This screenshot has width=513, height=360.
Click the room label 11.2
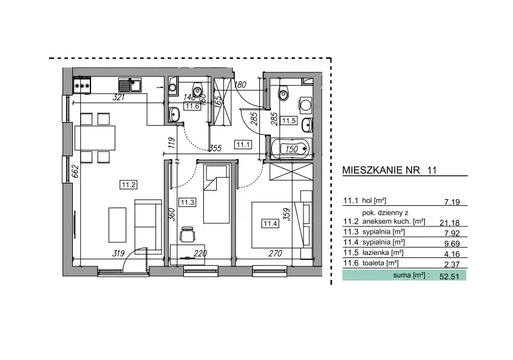click(x=128, y=185)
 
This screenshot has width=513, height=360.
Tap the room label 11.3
click(x=188, y=203)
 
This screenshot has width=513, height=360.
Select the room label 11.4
click(x=270, y=223)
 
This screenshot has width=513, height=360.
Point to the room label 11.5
click(x=289, y=121)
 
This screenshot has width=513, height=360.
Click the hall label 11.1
click(x=243, y=144)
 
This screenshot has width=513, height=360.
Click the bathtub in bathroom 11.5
click(x=291, y=149)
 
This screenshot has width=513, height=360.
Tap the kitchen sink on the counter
click(x=130, y=86)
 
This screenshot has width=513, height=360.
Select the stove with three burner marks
click(x=82, y=86)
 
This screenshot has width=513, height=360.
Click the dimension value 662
click(x=75, y=171)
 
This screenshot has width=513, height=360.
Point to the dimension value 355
click(x=215, y=148)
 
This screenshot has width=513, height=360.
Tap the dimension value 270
click(x=275, y=253)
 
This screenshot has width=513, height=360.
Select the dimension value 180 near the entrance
click(x=240, y=85)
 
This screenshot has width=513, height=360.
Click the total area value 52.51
click(x=449, y=277)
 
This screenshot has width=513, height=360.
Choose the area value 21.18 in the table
click(x=449, y=223)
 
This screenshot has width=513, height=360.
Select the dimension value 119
click(x=171, y=143)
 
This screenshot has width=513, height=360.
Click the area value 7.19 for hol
click(x=452, y=202)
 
